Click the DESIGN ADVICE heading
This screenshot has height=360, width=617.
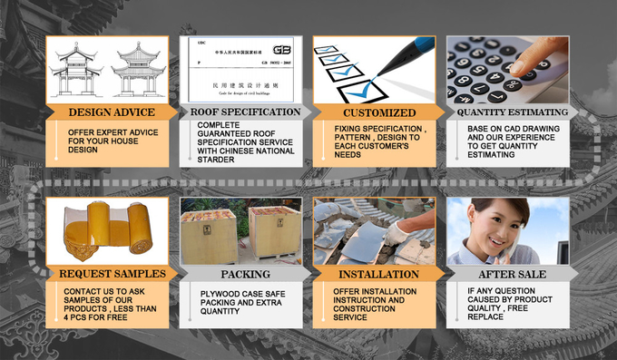112,112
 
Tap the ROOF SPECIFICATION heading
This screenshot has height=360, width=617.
245,112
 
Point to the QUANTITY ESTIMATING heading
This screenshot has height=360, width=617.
512,112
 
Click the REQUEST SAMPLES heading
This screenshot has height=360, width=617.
112,273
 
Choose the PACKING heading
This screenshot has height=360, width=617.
245,273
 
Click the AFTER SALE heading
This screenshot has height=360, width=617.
512,273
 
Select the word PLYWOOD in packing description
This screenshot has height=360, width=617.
222,293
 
